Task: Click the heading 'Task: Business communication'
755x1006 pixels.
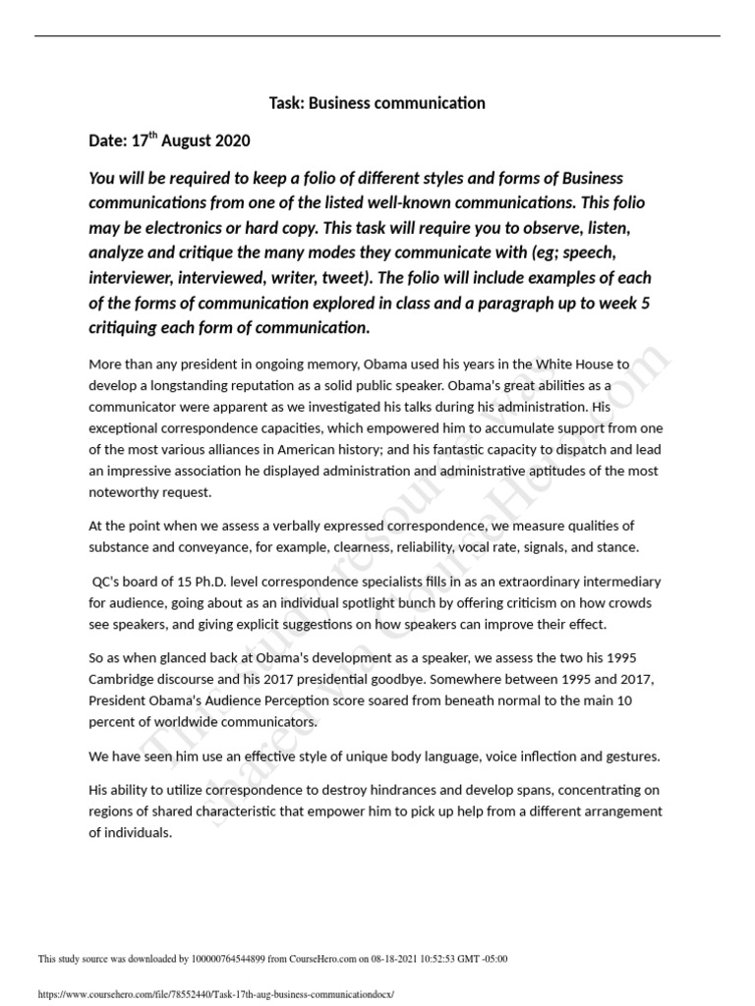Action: [377, 103]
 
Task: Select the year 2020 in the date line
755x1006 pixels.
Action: [231, 141]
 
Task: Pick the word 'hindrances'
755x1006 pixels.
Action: [357, 790]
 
